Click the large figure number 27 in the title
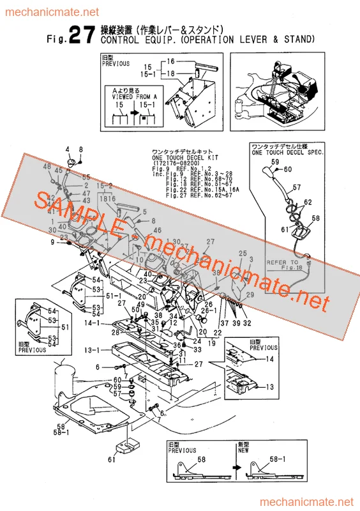click(x=83, y=36)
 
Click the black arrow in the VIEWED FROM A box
click(x=134, y=117)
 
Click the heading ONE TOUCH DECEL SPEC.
click(x=287, y=153)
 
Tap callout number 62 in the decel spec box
click(x=308, y=202)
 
